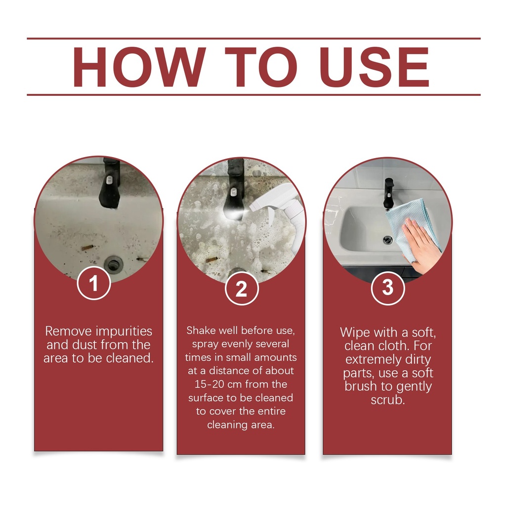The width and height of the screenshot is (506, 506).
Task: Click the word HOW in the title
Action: pos(139,67)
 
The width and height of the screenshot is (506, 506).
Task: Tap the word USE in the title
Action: pos(375,67)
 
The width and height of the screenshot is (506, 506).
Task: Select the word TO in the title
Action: pos(261,67)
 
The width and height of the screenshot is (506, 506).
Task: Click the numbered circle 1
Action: pos(94,283)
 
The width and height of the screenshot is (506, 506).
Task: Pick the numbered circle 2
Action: pos(242,288)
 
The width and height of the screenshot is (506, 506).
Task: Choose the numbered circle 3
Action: pos(387,287)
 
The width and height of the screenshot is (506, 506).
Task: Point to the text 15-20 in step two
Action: pos(209,384)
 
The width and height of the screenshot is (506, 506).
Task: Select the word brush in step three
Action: pos(361,386)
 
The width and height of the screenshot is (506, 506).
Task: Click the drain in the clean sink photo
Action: pos(387,240)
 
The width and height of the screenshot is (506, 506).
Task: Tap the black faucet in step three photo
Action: pos(388,193)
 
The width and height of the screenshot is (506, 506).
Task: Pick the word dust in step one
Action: pos(83,344)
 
